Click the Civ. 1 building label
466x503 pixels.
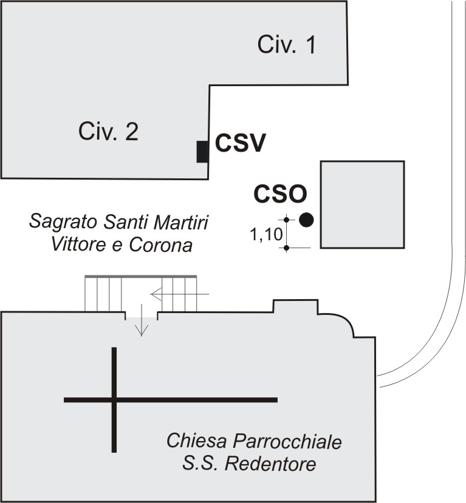pyautogui.click(x=287, y=44)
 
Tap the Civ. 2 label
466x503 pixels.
pyautogui.click(x=108, y=131)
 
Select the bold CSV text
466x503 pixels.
pyautogui.click(x=240, y=143)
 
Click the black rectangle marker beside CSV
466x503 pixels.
pyautogui.click(x=202, y=152)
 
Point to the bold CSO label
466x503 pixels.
pyautogui.click(x=280, y=194)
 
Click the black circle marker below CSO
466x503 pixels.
pyautogui.click(x=306, y=220)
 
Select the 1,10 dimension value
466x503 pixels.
pyautogui.click(x=266, y=234)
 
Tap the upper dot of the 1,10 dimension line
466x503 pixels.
pyautogui.click(x=287, y=220)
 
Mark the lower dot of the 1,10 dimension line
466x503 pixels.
pyautogui.click(x=287, y=248)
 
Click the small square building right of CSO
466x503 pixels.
pyautogui.click(x=362, y=204)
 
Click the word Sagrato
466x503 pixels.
pyautogui.click(x=63, y=222)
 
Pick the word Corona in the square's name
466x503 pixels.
pyautogui.click(x=160, y=245)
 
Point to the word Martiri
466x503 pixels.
pyautogui.click(x=181, y=222)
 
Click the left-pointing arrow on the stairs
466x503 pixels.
pyautogui.click(x=180, y=294)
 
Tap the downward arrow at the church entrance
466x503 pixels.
pyautogui.click(x=142, y=320)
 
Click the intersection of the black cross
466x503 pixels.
pyautogui.click(x=114, y=400)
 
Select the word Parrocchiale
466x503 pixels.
pyautogui.click(x=287, y=442)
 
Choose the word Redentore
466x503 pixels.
pyautogui.click(x=270, y=464)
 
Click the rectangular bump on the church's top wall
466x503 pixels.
pyautogui.click(x=295, y=306)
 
